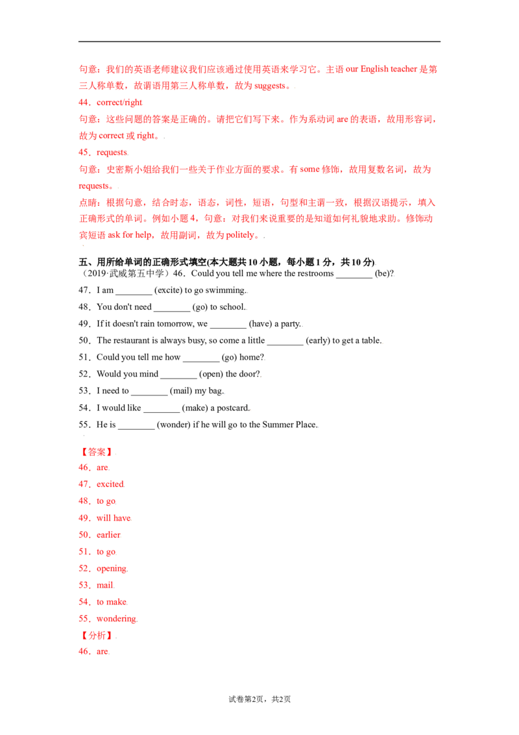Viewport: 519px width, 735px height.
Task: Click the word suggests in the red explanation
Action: pos(270,86)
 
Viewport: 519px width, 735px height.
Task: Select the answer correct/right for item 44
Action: pos(119,102)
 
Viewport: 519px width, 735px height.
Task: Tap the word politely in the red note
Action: pos(240,235)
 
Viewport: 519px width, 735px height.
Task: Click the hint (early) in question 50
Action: pos(318,340)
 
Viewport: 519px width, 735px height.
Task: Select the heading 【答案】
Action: pos(97,452)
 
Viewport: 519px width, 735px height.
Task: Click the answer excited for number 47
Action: pos(110,484)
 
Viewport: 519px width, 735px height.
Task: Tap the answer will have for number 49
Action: pos(114,518)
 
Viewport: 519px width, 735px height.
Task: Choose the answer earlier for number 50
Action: pos(108,535)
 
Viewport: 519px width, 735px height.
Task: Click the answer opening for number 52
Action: pos(112,569)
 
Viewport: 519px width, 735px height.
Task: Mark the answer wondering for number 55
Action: pos(117,619)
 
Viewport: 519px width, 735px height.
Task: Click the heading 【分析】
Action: pos(97,636)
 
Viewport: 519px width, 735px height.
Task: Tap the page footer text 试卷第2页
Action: pos(246,699)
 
